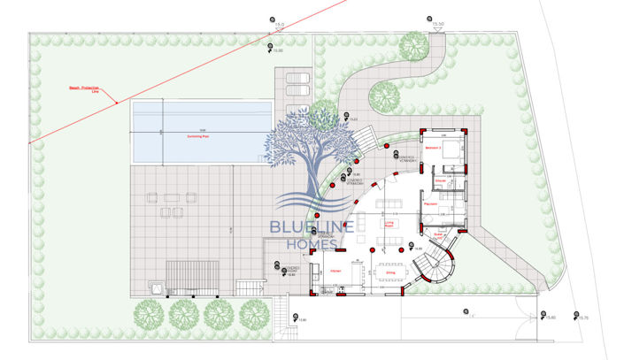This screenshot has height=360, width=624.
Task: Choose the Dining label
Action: (389, 273)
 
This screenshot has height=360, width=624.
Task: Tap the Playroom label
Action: (432, 204)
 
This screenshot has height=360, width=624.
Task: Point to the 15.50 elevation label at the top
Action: (438, 26)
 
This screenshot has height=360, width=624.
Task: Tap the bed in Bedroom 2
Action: (451, 148)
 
